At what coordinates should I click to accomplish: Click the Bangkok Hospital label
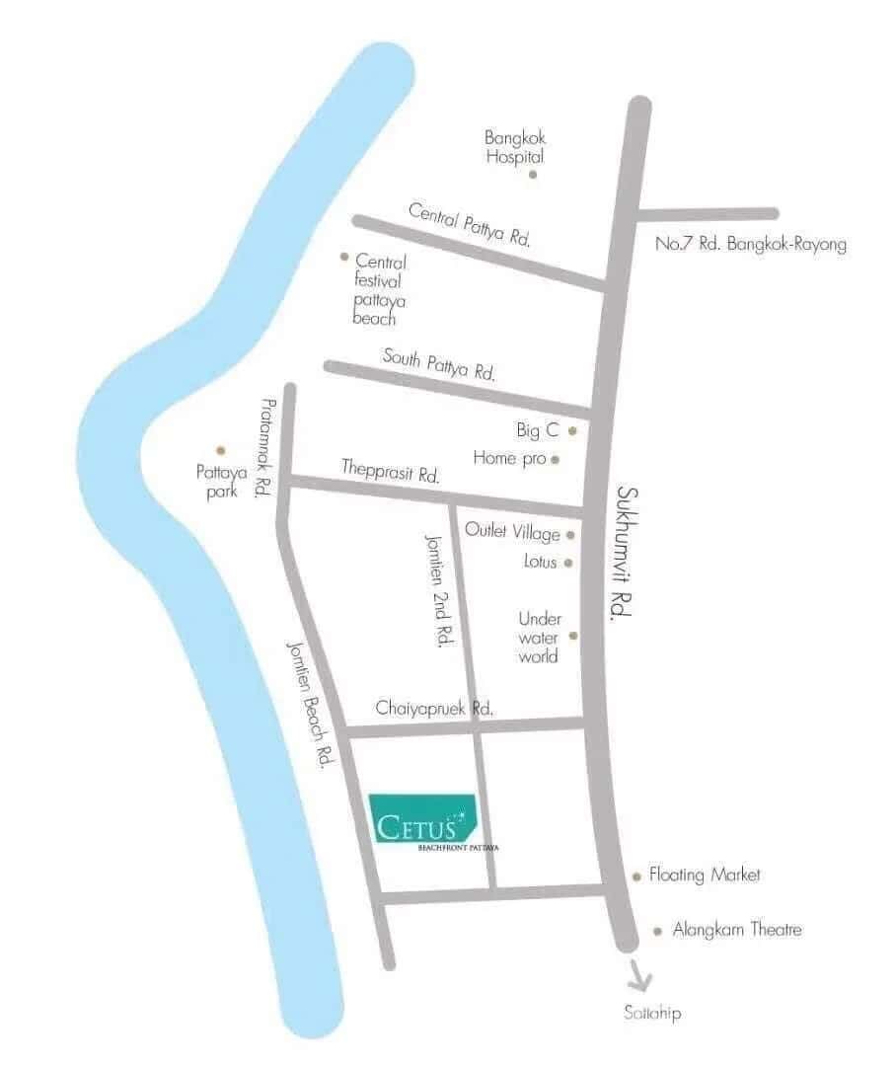point(514,147)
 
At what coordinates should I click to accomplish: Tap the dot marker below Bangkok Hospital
point(533,175)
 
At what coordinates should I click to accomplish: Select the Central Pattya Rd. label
point(470,224)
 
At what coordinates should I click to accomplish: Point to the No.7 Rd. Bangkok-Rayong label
point(751,244)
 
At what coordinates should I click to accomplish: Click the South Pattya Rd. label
point(439,364)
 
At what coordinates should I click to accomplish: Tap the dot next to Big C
point(571,431)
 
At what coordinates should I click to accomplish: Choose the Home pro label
point(509,458)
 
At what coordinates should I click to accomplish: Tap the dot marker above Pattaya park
point(221,450)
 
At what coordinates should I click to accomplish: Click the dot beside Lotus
point(567,563)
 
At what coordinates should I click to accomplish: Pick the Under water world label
point(539,638)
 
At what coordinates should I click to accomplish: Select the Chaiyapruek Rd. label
point(434,709)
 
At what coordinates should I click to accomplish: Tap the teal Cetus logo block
point(423,818)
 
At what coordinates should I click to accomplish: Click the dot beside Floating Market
point(636,876)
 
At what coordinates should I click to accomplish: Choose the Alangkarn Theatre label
point(737,930)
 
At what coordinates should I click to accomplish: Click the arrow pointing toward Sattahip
point(639,978)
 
